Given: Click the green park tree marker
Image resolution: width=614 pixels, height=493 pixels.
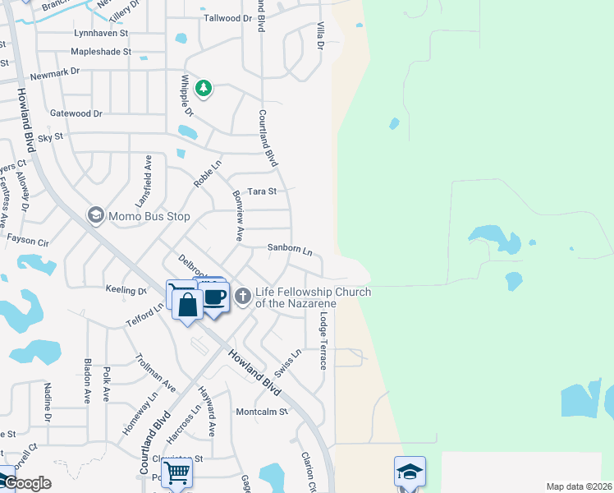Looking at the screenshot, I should (x=203, y=87).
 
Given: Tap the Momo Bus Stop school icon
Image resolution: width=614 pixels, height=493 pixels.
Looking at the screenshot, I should (x=95, y=216).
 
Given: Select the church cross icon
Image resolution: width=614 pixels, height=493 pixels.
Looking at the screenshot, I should (x=242, y=296).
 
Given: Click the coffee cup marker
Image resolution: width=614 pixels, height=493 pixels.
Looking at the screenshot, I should (x=215, y=297).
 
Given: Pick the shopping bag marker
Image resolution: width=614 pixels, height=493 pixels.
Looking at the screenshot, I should (x=188, y=305).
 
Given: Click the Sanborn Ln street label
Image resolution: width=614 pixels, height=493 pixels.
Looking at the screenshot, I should (x=290, y=248).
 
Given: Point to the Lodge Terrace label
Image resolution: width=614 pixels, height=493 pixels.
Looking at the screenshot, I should (x=324, y=340).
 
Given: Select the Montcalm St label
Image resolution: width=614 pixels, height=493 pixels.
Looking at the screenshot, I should (x=263, y=412).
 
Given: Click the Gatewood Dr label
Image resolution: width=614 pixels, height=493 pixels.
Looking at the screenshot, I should (x=76, y=113).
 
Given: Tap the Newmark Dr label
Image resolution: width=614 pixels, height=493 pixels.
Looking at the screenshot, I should (x=54, y=73).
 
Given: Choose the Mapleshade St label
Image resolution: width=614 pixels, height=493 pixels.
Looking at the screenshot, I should (x=101, y=51).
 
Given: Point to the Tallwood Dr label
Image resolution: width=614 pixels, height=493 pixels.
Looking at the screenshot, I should (x=227, y=17).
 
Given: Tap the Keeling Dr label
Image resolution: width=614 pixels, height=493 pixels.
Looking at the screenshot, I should (x=126, y=289).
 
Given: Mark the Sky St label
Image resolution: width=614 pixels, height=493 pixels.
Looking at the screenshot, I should (x=50, y=137).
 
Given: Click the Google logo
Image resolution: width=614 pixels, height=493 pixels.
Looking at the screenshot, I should (x=26, y=483).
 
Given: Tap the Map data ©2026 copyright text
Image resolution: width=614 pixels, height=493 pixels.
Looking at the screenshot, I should (x=579, y=486).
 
